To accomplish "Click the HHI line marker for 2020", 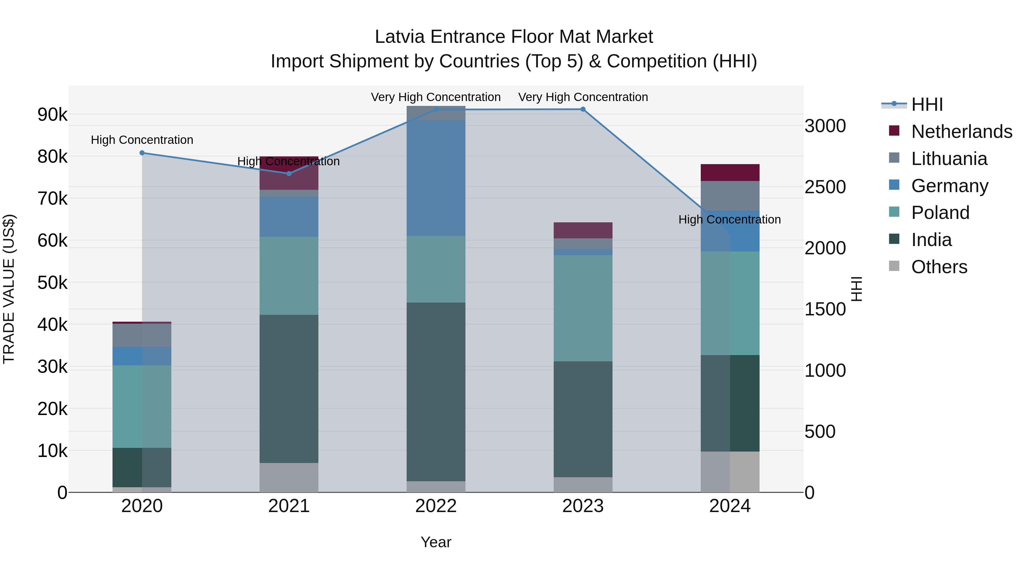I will point(142,153).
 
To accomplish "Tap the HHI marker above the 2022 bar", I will point(436,110).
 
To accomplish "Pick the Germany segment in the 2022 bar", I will point(436,178).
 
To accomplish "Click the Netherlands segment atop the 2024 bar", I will point(730,172).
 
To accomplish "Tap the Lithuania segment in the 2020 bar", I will point(142,335).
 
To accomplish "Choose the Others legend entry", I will point(939,267).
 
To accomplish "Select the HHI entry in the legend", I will point(927,104).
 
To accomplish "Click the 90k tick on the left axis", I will point(52,115).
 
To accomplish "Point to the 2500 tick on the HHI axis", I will point(825,187).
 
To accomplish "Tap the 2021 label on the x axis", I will point(289,506).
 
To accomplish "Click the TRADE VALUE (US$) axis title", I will point(9,289).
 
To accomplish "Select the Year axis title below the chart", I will point(436,542).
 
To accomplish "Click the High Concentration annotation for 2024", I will point(730,219).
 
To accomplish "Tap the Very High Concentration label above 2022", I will point(436,97).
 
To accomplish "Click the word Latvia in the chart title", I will point(400,37).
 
